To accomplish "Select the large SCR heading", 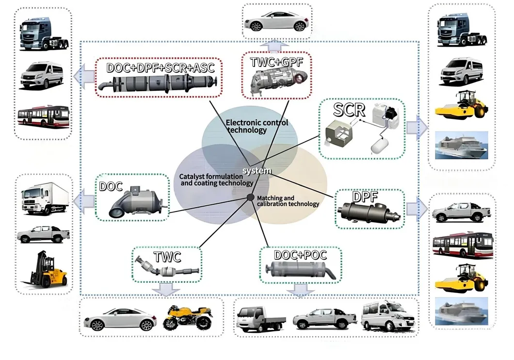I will (349, 109).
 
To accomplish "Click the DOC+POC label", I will (300, 255).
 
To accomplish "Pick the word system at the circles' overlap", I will (257, 171).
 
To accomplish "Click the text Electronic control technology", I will (257, 126).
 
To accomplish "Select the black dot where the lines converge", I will (251, 197).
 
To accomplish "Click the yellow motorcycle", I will (188, 318).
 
